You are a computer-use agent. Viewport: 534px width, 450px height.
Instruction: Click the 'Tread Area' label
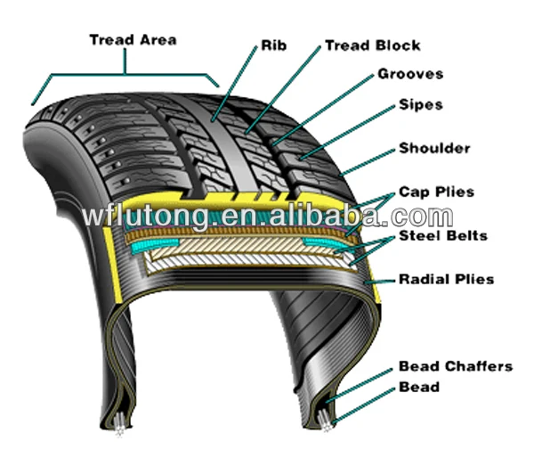pyautogui.click(x=133, y=40)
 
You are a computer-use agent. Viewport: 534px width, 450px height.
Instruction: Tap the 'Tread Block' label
pyautogui.click(x=372, y=45)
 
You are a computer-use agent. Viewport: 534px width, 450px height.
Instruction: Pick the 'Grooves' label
pyautogui.click(x=409, y=74)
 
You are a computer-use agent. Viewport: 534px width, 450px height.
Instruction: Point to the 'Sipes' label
pyautogui.click(x=420, y=105)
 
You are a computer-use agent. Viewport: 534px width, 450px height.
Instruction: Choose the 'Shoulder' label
pyautogui.click(x=433, y=148)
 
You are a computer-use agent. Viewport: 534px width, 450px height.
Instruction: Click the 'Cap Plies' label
pyautogui.click(x=436, y=192)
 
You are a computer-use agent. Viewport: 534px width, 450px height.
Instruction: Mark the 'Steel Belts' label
pyautogui.click(x=442, y=236)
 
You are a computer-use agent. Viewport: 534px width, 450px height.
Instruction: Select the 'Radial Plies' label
pyautogui.click(x=446, y=280)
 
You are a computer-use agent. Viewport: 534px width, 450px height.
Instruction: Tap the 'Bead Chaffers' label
pyautogui.click(x=455, y=366)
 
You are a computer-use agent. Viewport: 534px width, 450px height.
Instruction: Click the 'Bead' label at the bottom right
pyautogui.click(x=418, y=387)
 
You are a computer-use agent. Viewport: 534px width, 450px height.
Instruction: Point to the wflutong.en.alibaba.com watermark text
pyautogui.click(x=267, y=217)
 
